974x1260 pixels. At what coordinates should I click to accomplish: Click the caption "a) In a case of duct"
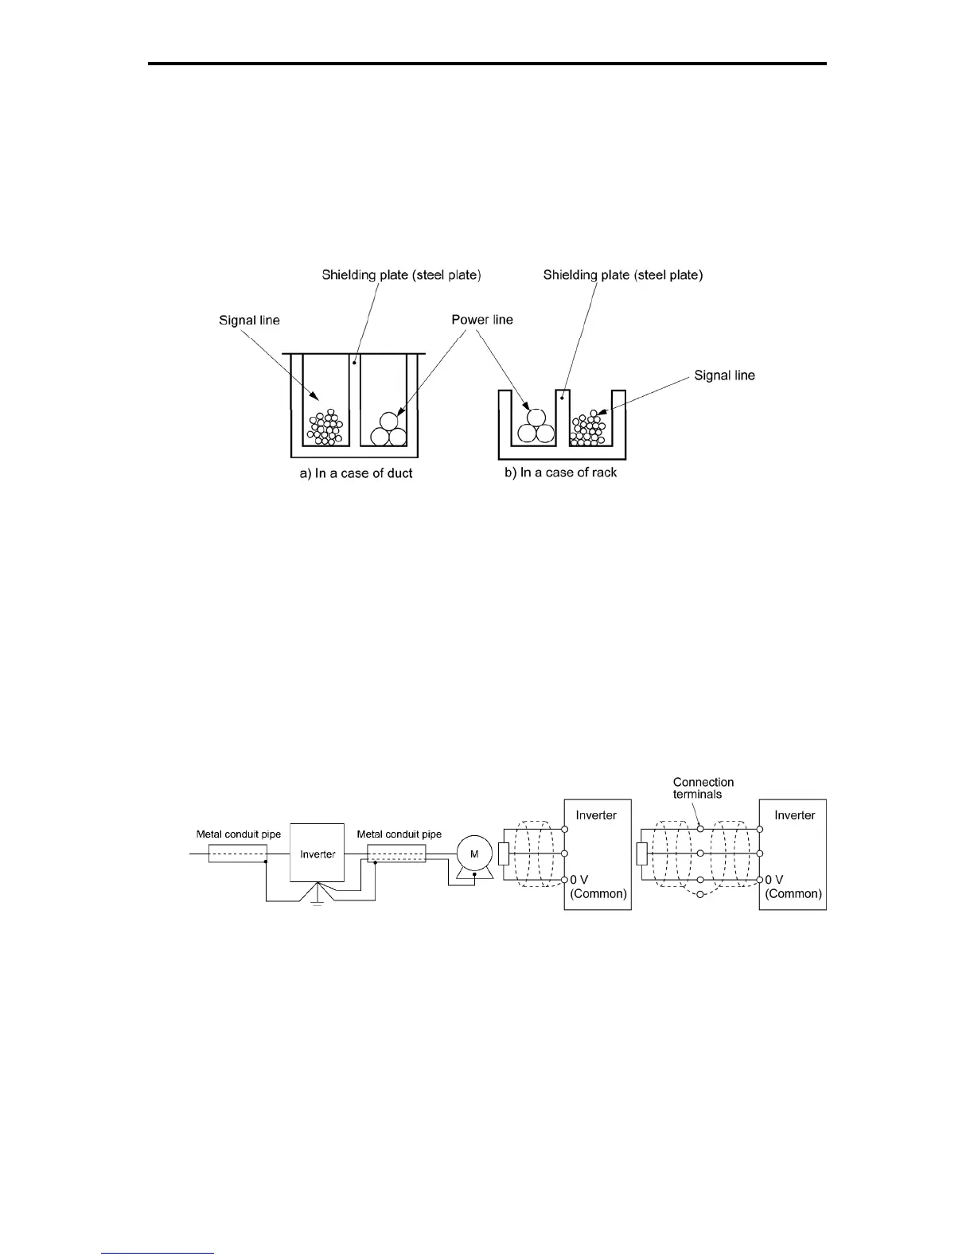pyautogui.click(x=356, y=473)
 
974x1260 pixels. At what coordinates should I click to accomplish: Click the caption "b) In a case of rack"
pyautogui.click(x=560, y=472)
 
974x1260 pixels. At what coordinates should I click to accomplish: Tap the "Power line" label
pyautogui.click(x=482, y=320)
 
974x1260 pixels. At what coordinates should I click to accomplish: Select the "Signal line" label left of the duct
pyautogui.click(x=249, y=321)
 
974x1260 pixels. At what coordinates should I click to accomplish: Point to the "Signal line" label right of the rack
pyautogui.click(x=724, y=375)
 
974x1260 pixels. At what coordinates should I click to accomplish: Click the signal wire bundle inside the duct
pyautogui.click(x=325, y=428)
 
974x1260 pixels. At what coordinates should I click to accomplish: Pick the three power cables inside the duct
pyautogui.click(x=388, y=430)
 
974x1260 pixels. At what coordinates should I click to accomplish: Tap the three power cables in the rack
pyautogui.click(x=534, y=426)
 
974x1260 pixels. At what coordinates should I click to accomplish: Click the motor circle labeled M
pyautogui.click(x=474, y=854)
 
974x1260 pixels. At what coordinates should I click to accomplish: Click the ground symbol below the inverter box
pyautogui.click(x=317, y=901)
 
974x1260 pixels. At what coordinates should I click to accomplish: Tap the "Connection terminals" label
pyautogui.click(x=703, y=788)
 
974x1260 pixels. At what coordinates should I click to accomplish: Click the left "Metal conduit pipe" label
pyautogui.click(x=239, y=834)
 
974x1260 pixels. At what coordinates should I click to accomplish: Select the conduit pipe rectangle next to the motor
pyautogui.click(x=396, y=854)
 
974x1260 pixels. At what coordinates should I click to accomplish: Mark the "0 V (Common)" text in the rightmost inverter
pyautogui.click(x=793, y=887)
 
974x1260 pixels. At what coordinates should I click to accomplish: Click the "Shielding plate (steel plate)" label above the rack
pyautogui.click(x=623, y=275)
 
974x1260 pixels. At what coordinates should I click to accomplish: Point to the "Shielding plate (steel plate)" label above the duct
pyautogui.click(x=401, y=275)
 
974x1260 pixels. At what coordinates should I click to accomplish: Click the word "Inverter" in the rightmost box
pyautogui.click(x=794, y=815)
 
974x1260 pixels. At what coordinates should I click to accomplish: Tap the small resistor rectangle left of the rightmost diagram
pyautogui.click(x=642, y=854)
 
